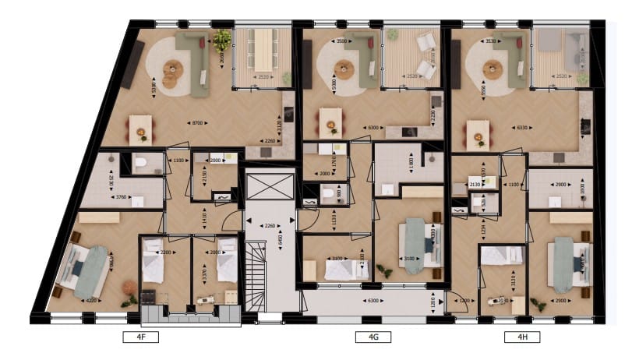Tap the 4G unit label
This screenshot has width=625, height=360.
pyautogui.click(x=362, y=337)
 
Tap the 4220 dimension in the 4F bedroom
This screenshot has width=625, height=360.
pyautogui.click(x=92, y=298)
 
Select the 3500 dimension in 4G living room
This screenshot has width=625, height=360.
pyautogui.click(x=339, y=40)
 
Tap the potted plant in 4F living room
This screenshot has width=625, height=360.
pyautogui.click(x=223, y=37)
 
